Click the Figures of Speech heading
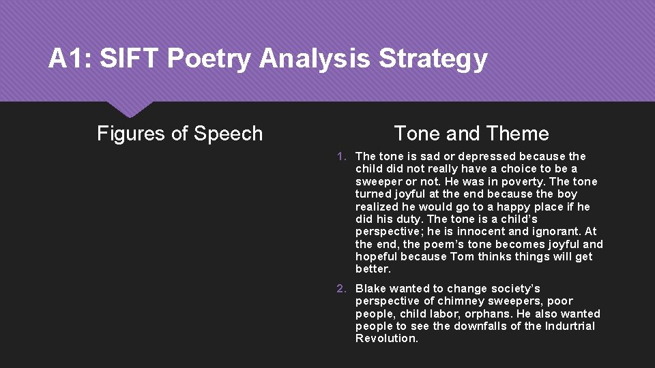pos(179,134)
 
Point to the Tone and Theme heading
pos(471,134)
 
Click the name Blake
pos(370,289)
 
